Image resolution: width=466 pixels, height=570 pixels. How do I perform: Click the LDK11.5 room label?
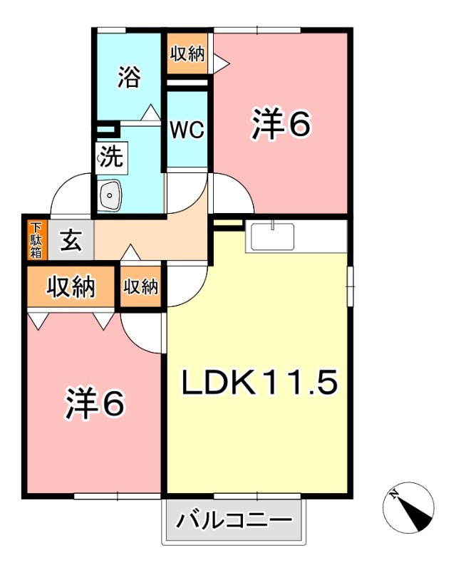(258, 384)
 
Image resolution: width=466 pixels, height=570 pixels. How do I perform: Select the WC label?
(187, 130)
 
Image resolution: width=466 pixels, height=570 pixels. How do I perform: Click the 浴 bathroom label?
(129, 76)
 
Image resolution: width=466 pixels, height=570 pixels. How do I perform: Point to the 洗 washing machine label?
(110, 156)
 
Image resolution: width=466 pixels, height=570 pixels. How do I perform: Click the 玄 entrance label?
(70, 241)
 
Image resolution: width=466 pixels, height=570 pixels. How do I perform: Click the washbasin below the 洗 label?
(110, 194)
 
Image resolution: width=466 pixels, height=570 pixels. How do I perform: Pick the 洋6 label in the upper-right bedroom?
(281, 125)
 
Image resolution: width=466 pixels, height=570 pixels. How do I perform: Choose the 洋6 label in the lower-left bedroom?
(95, 403)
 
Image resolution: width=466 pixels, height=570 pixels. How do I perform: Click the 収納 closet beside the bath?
(187, 55)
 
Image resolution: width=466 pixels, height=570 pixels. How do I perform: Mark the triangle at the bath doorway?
(150, 113)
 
